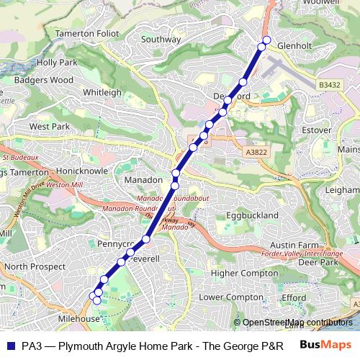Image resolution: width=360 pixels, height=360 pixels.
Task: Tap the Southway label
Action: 161,40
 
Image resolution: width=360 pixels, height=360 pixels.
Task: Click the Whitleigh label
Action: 102,93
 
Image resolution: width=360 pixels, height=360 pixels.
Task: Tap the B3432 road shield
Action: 329,85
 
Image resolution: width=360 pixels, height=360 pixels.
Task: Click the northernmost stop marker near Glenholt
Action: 266,40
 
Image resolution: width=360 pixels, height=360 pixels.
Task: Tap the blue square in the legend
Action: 10,345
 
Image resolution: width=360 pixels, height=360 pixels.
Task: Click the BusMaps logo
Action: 325,345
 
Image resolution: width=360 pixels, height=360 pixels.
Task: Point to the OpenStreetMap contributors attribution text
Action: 297,323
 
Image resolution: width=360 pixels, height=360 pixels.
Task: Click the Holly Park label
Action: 56,63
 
